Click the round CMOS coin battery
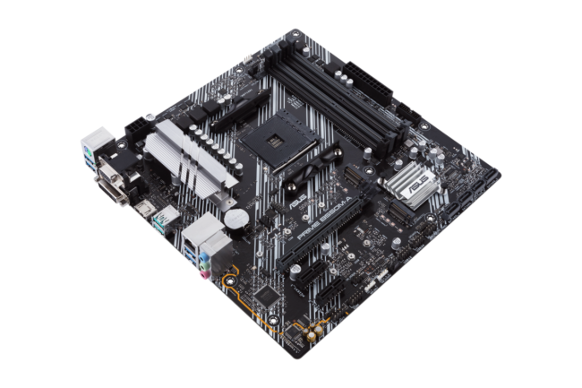click(x=235, y=216)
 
